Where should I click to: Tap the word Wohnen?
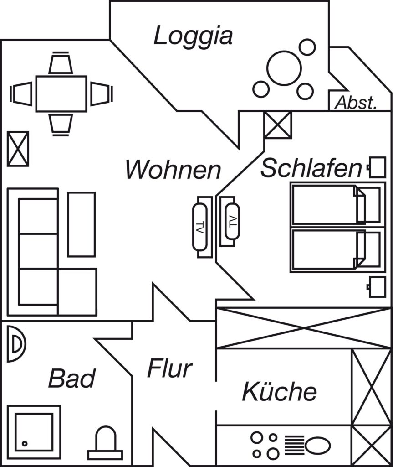click(173, 170)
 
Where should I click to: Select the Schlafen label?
click(311, 168)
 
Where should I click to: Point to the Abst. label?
click(356, 103)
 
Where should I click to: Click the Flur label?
click(170, 368)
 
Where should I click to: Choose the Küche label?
click(279, 391)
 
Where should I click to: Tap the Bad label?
click(71, 378)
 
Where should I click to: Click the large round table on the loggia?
click(284, 68)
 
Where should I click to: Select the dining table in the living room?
click(61, 94)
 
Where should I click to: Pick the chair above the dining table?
click(61, 62)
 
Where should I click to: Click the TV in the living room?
click(199, 227)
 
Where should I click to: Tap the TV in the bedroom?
click(232, 221)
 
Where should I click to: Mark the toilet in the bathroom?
click(105, 443)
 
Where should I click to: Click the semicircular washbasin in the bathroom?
click(16, 344)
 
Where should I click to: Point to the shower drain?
click(25, 443)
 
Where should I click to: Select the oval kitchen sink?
click(318, 446)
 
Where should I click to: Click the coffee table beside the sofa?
click(82, 224)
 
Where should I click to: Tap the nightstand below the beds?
click(377, 287)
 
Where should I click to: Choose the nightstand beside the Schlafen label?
click(377, 167)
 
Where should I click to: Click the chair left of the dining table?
click(21, 94)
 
